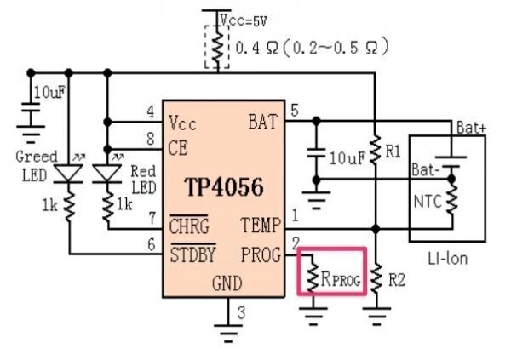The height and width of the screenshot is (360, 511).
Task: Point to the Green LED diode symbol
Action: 69,172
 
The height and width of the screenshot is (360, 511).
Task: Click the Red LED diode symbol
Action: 107,172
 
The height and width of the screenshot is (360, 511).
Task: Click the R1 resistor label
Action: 393,151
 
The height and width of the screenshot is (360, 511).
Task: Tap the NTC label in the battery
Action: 426,201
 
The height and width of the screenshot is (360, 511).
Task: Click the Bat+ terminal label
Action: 471,127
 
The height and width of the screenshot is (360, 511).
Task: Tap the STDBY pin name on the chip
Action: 192,253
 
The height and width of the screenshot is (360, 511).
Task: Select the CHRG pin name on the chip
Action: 188,226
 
